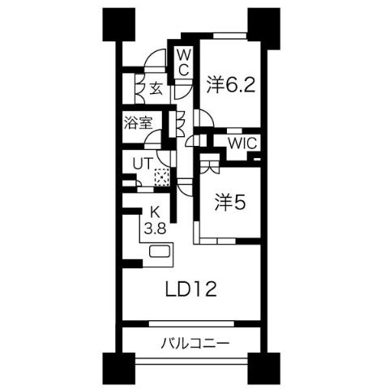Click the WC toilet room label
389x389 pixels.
[x=184, y=62]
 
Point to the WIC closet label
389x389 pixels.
[x=242, y=143]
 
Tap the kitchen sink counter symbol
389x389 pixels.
[x=159, y=253]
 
